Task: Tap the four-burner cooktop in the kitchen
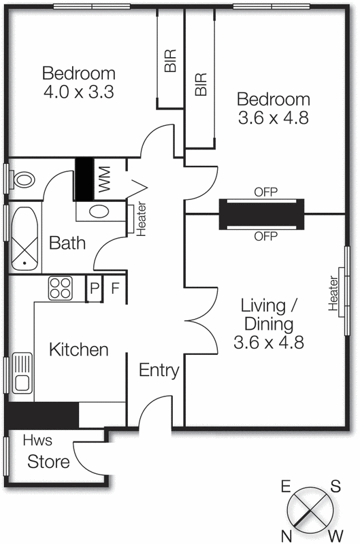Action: [x=60, y=289]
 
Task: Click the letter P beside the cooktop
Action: [x=94, y=289]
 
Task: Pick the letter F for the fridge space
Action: [x=115, y=289]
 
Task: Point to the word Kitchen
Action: [x=78, y=350]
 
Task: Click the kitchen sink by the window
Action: [x=22, y=374]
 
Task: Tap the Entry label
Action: [x=159, y=371]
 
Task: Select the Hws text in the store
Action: [x=37, y=440]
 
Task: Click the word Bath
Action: [x=67, y=242]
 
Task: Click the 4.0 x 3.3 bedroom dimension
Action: [x=78, y=92]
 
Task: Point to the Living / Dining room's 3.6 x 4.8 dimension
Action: [x=269, y=342]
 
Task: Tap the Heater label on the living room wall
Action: [x=333, y=294]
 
